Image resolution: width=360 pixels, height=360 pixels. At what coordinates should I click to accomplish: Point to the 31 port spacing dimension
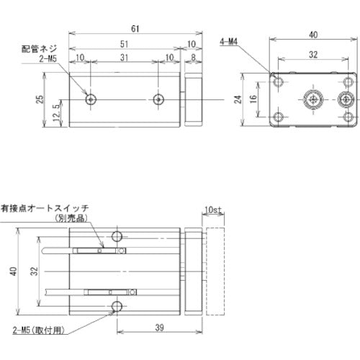(x=124, y=58)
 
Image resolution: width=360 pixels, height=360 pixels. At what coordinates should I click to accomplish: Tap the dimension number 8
(x=193, y=58)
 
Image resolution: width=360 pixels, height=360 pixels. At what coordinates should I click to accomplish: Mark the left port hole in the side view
(x=90, y=99)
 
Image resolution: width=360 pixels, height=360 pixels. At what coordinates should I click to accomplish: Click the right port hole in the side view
(x=158, y=99)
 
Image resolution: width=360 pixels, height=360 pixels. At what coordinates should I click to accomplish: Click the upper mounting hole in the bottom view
(x=118, y=236)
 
